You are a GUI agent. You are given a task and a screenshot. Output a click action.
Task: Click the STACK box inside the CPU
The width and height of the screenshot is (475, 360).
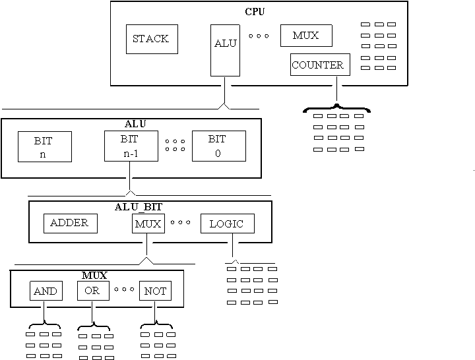coord(151,39)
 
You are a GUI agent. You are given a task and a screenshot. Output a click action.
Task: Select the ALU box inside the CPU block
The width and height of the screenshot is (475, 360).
coord(225,49)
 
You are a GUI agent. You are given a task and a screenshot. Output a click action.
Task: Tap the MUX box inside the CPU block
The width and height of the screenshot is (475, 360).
coord(305,36)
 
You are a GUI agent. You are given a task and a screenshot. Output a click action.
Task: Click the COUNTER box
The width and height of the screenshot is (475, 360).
coord(317,65)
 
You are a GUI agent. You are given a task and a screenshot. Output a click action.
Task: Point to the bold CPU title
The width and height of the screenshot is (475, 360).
coord(255,11)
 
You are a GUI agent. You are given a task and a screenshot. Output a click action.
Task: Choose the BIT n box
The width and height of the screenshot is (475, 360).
coord(44,147)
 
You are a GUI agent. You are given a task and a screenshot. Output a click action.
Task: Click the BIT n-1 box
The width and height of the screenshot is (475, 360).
coord(131,146)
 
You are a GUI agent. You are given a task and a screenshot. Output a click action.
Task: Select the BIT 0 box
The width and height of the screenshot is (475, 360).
coord(218,146)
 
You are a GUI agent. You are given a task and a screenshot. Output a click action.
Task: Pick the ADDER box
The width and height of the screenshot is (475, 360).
coord(70,223)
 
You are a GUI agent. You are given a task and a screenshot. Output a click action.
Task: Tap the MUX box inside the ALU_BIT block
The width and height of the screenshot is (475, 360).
coord(147,224)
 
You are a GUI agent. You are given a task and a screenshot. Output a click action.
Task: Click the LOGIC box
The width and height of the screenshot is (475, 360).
coord(226,224)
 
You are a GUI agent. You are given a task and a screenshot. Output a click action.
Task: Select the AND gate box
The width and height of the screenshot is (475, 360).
coord(46,291)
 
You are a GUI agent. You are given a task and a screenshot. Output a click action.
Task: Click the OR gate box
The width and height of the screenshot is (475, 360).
coord(92,291)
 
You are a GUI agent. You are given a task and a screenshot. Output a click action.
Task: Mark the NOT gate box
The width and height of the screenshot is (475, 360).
coord(155,291)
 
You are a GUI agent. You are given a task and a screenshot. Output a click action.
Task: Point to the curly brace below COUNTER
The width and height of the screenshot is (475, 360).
coord(336,107)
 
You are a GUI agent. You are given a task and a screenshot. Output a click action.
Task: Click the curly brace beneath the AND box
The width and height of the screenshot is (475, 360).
coord(44,324)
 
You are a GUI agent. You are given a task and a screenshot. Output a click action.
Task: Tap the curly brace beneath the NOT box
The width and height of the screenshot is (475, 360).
coord(156,324)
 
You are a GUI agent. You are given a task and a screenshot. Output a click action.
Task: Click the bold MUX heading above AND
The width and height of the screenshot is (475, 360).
coord(94,274)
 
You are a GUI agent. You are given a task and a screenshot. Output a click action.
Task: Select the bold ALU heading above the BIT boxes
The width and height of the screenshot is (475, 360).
coord(135,123)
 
